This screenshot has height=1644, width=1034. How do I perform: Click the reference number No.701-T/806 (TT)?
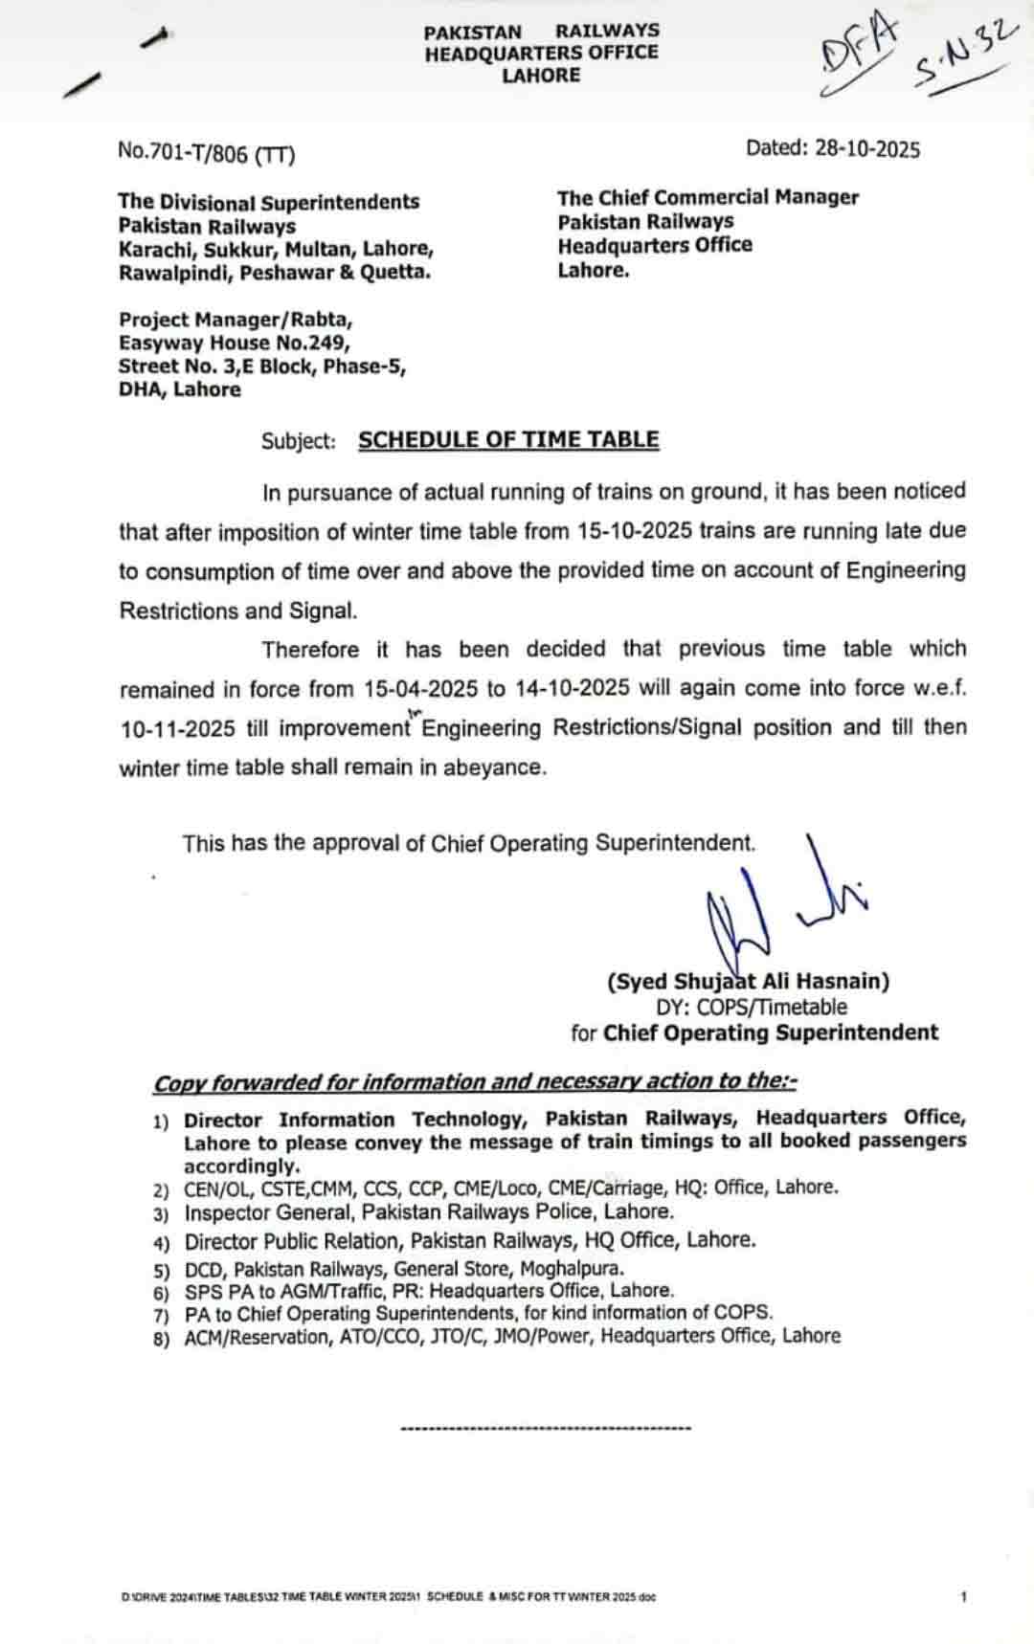(x=206, y=152)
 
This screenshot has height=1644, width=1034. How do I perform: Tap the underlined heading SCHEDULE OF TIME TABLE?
(x=508, y=440)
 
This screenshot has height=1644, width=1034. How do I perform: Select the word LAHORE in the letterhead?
(x=541, y=76)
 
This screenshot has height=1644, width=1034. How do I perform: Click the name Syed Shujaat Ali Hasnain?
(x=748, y=981)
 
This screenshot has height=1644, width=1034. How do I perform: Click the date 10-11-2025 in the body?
(x=177, y=729)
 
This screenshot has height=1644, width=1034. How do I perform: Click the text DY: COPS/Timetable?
(x=752, y=1007)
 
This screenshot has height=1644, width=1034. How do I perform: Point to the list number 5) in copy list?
(x=161, y=1271)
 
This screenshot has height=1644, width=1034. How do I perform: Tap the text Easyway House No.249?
(x=235, y=343)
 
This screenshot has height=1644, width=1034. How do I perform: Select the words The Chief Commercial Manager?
(x=708, y=197)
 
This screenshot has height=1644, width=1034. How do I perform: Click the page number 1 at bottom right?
(x=963, y=1596)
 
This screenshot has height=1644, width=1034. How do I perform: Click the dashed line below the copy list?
(x=546, y=1429)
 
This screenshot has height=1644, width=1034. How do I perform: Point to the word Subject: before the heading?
(x=299, y=441)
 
